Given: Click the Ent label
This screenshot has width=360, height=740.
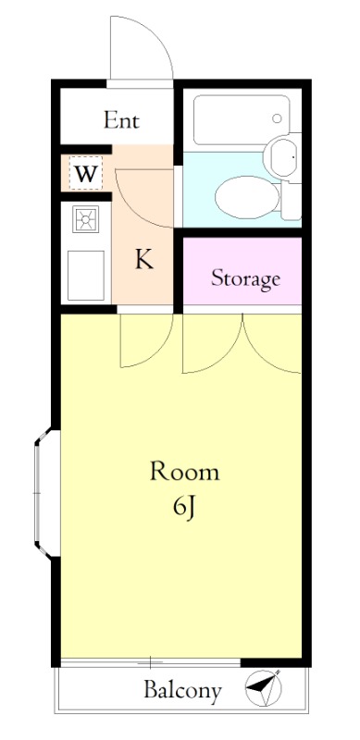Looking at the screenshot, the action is pos(121,120).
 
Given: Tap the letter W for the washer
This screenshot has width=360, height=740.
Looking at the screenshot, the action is pos(86,174).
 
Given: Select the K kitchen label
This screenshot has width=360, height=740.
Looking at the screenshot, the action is pos(144,259).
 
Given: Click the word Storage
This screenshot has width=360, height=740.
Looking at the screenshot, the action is pos(245,278).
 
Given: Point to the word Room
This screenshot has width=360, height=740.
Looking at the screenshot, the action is pos(185,472).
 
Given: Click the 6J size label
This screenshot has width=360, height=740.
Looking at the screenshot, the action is pos(184,508).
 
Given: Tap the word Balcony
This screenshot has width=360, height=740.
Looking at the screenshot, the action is pos(182,690).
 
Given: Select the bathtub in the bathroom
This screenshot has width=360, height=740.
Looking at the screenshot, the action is pos(242,120).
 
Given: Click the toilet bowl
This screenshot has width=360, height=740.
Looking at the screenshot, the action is pos(247,197).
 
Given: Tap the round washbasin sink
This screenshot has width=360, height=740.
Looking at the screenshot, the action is pos(282,155).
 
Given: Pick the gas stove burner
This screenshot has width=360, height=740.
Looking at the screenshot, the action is pos(85,219).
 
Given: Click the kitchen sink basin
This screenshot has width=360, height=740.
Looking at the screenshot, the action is pos(85,275).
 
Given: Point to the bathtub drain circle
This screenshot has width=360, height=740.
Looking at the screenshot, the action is pos(277,118).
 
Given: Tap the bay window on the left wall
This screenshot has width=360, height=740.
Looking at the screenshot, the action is pos(47,493).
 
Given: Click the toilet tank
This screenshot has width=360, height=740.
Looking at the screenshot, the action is pos(291,201).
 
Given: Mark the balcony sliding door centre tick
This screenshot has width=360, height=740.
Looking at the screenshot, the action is pos(150,662).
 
